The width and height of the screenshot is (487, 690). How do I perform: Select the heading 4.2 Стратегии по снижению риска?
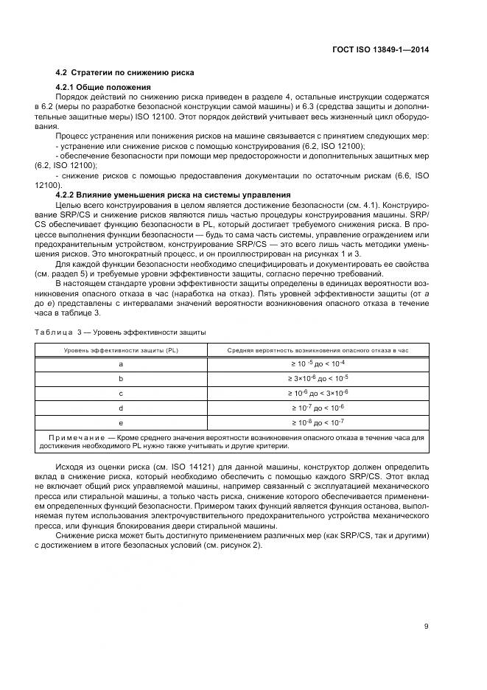125,74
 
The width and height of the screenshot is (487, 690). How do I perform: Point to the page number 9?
426,627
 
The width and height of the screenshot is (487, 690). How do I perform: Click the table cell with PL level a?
121,363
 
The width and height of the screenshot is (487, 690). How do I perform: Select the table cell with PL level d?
121,407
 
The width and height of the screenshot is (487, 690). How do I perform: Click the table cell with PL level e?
121,422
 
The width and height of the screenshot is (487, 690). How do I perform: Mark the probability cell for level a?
318,363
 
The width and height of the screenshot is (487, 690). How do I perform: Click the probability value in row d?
318,407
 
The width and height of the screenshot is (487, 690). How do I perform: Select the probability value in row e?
318,422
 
